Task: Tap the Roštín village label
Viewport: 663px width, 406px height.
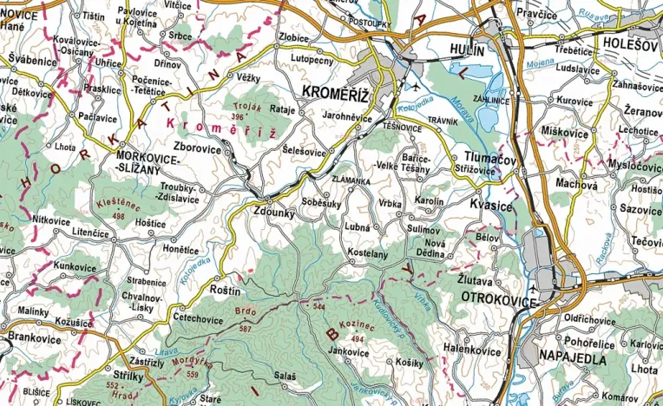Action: pos(226,291)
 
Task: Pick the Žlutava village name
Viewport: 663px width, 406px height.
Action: pos(477,282)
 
